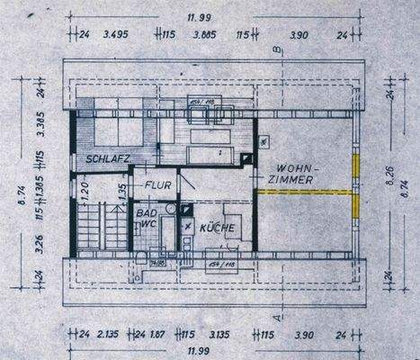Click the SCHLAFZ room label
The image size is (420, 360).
coord(107,159)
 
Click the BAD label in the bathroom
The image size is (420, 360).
coord(144,213)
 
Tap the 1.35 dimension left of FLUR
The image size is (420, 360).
coord(121,190)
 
